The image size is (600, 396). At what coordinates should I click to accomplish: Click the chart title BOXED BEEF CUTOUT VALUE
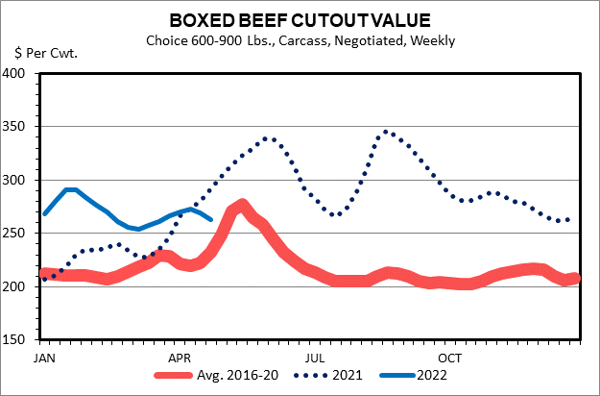pyautogui.click(x=300, y=20)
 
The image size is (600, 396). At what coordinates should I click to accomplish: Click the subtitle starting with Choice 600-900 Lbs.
pyautogui.click(x=300, y=40)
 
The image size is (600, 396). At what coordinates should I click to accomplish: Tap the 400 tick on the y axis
pyautogui.click(x=20, y=74)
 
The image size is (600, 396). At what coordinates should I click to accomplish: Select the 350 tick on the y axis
pyautogui.click(x=20, y=127)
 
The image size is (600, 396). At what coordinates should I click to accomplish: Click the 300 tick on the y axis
pyautogui.click(x=20, y=181)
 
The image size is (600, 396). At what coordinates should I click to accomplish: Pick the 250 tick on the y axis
pyautogui.click(x=20, y=234)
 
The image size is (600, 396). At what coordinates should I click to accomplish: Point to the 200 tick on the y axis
pyautogui.click(x=20, y=287)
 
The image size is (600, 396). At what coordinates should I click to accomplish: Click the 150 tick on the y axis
pyautogui.click(x=20, y=340)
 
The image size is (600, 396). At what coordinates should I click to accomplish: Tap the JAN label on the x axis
pyautogui.click(x=42, y=356)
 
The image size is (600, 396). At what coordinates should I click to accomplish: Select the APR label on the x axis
pyautogui.click(x=179, y=356)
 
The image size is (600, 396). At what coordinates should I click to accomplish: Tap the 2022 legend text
pyautogui.click(x=432, y=376)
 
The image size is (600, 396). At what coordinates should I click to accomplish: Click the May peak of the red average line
pyautogui.click(x=241, y=205)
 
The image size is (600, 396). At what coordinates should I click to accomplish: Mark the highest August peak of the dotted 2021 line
pyautogui.click(x=386, y=132)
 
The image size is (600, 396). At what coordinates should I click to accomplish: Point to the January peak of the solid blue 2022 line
pyautogui.click(x=69, y=190)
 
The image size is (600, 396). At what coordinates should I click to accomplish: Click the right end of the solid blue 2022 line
pyautogui.click(x=211, y=219)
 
